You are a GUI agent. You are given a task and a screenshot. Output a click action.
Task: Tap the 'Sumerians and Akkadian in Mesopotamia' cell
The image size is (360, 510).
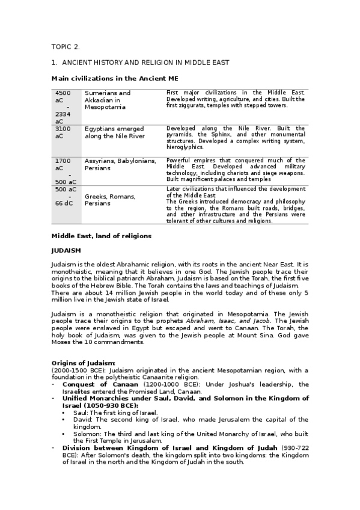click(x=108, y=100)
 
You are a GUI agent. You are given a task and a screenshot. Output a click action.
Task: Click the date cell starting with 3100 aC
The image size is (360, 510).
click(x=63, y=132)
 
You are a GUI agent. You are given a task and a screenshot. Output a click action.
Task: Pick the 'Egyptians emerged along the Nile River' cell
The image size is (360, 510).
click(x=114, y=132)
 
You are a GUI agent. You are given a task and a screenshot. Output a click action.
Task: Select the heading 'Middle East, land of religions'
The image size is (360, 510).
click(x=101, y=236)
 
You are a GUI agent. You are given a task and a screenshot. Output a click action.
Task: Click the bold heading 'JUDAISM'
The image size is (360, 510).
click(x=66, y=250)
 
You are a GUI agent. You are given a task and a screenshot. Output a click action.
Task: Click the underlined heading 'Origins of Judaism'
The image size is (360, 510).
click(x=83, y=363)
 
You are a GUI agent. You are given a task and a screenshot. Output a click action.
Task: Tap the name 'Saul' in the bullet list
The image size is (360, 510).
click(x=80, y=413)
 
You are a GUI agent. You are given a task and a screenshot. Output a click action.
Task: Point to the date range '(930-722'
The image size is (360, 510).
click(x=294, y=448)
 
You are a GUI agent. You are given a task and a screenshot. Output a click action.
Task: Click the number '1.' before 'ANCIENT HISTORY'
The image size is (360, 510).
click(x=54, y=63)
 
